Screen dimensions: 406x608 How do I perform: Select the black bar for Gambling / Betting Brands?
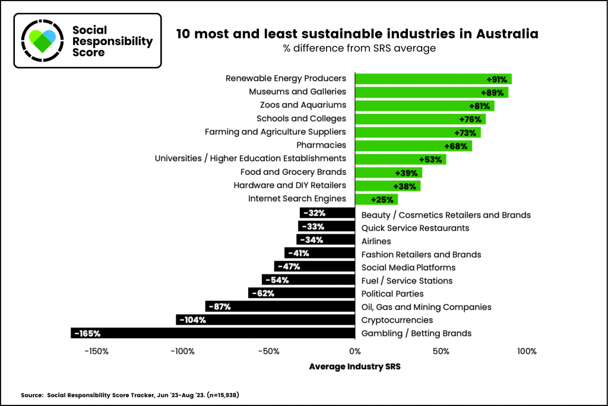213,333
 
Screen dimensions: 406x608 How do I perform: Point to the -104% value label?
192,320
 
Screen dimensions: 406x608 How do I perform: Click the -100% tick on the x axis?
182,351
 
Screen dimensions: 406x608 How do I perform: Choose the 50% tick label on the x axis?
441,351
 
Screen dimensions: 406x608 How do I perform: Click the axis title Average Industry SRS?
354,366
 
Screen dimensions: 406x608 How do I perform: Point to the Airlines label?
376,241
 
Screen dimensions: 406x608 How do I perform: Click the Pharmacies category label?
321,145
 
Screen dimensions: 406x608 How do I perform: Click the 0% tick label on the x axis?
354,351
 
